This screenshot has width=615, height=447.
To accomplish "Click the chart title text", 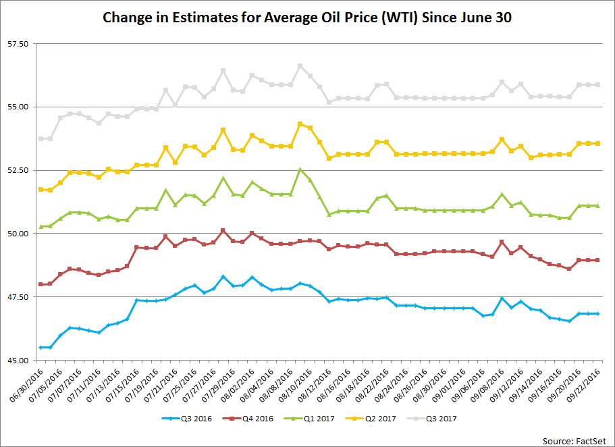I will (x=307, y=18).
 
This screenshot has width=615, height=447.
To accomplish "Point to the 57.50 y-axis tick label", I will (x=18, y=44).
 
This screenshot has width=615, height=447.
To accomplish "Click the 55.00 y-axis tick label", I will (x=18, y=107).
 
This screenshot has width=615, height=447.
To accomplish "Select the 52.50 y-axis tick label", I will (x=18, y=170).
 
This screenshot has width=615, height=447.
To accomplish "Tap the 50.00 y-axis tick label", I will (x=18, y=234).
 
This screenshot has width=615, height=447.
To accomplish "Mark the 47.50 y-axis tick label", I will (x=18, y=297).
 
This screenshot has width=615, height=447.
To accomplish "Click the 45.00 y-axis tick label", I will (x=18, y=360).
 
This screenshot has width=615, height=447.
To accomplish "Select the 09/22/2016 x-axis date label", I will (x=588, y=386).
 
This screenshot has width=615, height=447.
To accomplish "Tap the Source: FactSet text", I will (x=574, y=440).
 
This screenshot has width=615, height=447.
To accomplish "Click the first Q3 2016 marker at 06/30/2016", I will (x=41, y=347).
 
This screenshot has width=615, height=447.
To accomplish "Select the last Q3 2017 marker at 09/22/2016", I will (x=597, y=84).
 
